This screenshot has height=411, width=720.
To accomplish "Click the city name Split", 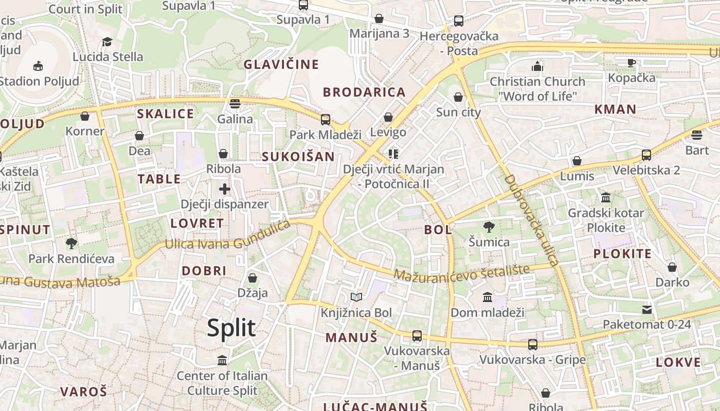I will click(231, 328).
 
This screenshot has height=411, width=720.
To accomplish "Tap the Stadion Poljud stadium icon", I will click(38, 66).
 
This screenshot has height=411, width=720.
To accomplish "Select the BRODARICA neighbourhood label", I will click(364, 92).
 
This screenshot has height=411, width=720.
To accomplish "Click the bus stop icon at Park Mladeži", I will click(325, 120).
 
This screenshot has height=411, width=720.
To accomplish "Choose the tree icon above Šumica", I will click(489, 227).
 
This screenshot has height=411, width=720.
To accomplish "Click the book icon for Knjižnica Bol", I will click(356, 297).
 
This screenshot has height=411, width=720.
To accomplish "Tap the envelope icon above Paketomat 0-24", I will click(646, 309).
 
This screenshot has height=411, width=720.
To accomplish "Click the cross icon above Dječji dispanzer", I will click(224, 189).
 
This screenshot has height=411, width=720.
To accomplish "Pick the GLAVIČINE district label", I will click(281, 65).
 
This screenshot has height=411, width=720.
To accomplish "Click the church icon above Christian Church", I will click(537, 66).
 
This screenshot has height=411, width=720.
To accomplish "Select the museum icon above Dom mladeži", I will click(487, 297).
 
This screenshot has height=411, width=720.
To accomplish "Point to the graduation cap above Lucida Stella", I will click(107, 42).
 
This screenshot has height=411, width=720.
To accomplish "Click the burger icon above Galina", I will click(235, 104).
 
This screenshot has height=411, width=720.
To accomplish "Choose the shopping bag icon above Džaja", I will click(252, 278).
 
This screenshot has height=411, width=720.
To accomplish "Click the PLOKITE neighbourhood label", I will click(622, 254).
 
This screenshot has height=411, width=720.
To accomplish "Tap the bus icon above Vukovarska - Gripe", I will click(533, 344).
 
